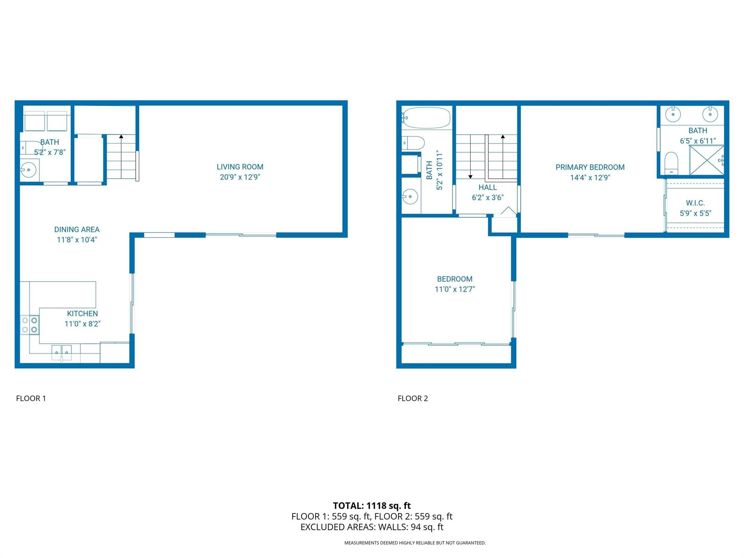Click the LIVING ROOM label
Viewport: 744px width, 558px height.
tap(240, 167)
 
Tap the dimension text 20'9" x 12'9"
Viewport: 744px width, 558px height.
tap(240, 177)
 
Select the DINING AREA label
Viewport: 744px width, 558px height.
tap(77, 230)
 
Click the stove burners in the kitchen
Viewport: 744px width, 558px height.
tap(29, 325)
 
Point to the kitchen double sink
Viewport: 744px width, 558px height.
tap(61, 352)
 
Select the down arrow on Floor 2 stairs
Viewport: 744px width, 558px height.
tap(470, 157)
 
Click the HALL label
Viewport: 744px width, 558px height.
tap(488, 187)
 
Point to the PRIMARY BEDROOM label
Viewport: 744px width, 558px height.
tap(590, 167)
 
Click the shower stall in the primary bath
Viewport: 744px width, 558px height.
tap(707, 160)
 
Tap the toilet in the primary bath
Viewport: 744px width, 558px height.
tap(671, 163)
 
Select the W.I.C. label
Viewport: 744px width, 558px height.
tap(695, 203)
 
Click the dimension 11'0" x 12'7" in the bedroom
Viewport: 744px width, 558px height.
tap(455, 289)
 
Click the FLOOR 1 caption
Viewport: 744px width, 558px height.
tap(31, 399)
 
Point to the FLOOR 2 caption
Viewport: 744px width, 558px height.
tap(413, 399)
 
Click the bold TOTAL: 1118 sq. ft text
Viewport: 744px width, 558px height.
tap(372, 506)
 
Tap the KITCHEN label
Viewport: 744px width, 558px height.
tap(82, 314)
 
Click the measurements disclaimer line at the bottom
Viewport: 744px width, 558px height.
tap(415, 543)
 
